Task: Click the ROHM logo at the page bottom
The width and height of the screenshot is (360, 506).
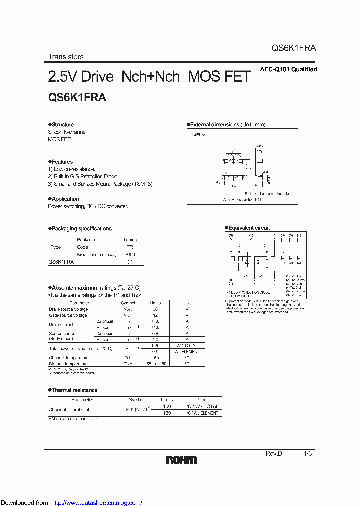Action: pos(181,460)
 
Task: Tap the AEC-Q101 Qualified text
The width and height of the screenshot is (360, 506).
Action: pos(288,70)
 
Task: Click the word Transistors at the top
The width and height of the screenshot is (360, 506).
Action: pos(65,57)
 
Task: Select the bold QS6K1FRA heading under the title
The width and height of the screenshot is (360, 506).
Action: pos(77,98)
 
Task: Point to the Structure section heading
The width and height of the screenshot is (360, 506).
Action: pos(62,125)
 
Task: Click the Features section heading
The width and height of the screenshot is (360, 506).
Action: pos(62,162)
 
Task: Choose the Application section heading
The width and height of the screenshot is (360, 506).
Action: pos(65,199)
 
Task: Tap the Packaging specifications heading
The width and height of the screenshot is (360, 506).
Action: pos(81,229)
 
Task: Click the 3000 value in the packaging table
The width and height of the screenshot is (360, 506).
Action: pos(130,254)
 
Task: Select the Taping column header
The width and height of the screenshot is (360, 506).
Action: pos(130,240)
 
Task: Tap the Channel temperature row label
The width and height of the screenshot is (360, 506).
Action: pos(68,358)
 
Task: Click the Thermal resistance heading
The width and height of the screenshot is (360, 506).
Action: pos(74,390)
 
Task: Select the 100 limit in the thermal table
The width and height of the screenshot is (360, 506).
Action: pos(167,407)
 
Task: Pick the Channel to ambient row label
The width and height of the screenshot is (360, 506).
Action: pos(69,410)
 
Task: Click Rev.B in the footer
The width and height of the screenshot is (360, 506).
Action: pos(273,453)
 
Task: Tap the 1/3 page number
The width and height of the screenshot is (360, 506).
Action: pos(308,453)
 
